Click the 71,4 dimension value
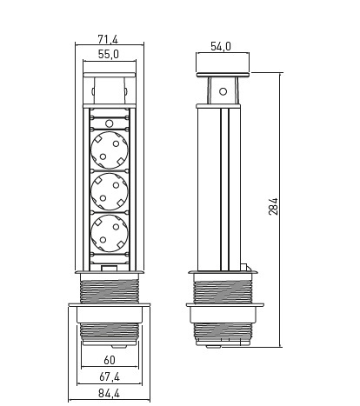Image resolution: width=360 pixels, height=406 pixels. [x=108, y=39]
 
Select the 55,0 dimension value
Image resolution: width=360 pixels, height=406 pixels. [x=108, y=54]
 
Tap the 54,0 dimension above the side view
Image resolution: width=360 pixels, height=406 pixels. [x=221, y=46]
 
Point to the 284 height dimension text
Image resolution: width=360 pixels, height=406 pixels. [x=273, y=206]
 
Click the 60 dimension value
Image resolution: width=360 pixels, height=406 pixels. [x=110, y=360]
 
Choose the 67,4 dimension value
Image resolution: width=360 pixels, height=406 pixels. [x=110, y=376]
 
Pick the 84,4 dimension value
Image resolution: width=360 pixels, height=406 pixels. [x=109, y=393]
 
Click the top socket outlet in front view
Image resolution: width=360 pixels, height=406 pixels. [x=110, y=150]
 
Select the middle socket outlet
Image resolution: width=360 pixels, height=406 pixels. [x=110, y=191]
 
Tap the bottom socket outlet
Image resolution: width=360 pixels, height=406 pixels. [x=110, y=233]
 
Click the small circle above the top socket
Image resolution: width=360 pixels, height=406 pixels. [x=109, y=123]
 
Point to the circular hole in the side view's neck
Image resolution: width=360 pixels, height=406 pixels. [x=223, y=91]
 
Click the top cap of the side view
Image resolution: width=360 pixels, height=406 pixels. [x=223, y=75]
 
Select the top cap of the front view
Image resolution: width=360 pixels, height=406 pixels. [x=110, y=75]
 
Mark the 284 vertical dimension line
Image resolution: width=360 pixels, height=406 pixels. [x=280, y=210]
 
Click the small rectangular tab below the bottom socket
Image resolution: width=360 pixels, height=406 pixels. [x=110, y=269]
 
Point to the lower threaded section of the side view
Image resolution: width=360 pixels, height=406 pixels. [x=223, y=331]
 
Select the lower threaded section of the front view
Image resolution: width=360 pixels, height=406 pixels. [x=110, y=331]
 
